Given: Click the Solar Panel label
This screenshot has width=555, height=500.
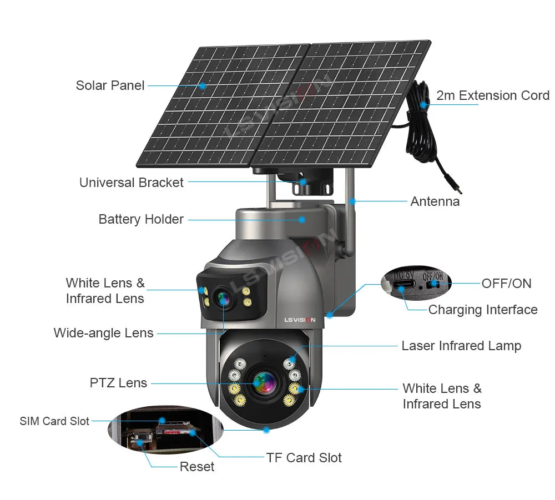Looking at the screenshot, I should click(110, 85).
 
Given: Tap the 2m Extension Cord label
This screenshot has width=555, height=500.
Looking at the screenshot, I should click(493, 95).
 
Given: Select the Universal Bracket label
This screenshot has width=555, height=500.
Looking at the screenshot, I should click(132, 183).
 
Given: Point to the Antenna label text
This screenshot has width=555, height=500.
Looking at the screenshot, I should click(435, 201).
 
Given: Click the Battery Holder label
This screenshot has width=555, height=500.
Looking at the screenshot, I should click(141, 219).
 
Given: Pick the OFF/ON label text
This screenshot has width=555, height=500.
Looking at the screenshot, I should click(506, 284).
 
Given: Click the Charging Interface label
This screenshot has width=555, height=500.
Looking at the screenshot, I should click(483, 310).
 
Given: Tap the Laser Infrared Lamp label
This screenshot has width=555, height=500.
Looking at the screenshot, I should click(461, 346).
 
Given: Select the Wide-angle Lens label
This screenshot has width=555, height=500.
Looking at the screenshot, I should click(103, 333).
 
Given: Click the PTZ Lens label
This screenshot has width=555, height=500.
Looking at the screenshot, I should click(118, 383).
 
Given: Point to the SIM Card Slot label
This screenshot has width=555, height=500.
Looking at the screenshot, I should click(54, 421).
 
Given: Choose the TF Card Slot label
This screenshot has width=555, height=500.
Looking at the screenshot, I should click(304, 458).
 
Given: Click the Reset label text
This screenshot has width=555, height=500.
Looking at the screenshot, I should click(196, 467).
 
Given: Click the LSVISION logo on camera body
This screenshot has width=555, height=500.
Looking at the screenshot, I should click(299, 320).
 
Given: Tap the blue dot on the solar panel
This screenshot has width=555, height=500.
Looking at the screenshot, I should click(203, 86).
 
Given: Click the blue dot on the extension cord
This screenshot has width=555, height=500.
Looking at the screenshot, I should click(423, 104).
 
